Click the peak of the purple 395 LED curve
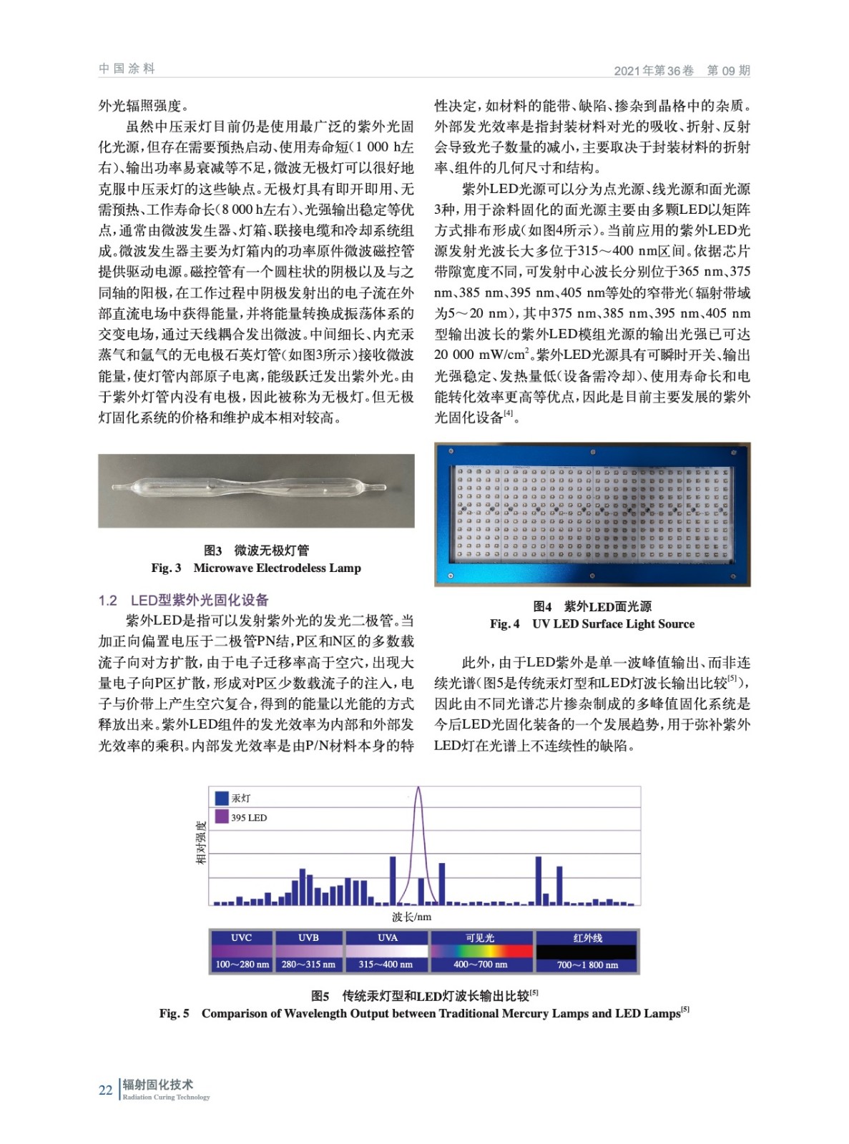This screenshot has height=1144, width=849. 418,789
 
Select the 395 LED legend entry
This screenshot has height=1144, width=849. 248,818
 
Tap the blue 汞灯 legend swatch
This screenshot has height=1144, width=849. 222,798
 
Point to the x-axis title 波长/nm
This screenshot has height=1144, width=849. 411,917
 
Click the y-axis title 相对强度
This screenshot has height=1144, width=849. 201,842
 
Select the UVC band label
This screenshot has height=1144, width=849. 241,937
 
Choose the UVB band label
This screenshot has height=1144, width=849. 308,937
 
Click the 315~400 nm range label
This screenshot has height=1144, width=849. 386,965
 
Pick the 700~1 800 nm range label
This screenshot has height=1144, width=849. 587,965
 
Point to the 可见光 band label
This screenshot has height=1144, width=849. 480,937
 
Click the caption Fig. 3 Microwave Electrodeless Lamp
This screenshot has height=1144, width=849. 256,568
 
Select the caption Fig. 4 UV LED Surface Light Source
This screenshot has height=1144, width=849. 592,623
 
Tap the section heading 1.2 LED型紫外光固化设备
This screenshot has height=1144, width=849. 184,600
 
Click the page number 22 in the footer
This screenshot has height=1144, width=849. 106,1090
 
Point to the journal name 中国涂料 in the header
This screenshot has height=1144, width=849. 127,69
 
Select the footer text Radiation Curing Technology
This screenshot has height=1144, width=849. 166,1098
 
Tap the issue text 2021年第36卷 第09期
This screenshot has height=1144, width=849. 682,70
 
